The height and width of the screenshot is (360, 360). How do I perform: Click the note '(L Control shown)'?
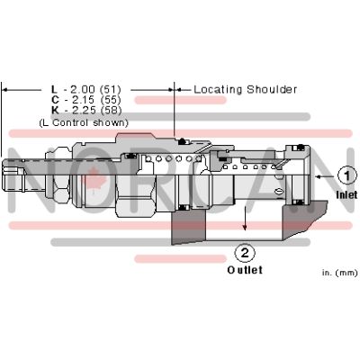pos(83,122)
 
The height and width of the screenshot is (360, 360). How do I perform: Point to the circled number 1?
pos(346,175)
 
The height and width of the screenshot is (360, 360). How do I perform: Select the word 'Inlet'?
pos(346,193)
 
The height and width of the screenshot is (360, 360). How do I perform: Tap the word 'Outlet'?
pos(244,269)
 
